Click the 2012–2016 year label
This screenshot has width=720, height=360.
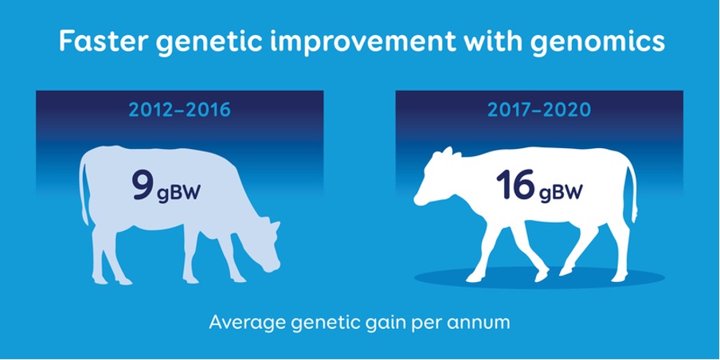(179, 110)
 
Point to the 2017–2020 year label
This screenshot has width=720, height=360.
(538, 110)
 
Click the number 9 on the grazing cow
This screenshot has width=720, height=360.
(143, 185)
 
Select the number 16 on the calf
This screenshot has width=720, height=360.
(515, 185)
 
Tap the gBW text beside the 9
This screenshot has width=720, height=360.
(178, 192)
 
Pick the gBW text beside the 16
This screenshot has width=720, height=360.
(561, 192)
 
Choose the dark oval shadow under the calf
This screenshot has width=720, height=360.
(539, 278)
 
